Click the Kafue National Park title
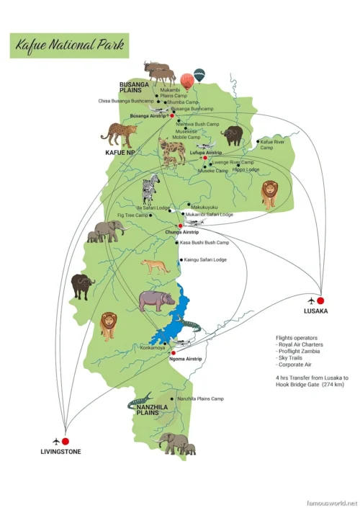point(70,45)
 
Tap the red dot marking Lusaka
point(320,300)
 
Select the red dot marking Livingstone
point(66,441)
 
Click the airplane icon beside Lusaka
point(310,300)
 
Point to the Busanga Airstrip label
point(148,115)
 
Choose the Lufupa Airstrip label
point(206,153)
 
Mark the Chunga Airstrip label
point(181,233)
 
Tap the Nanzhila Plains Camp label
point(199,398)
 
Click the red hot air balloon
point(186,80)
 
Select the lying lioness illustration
point(156,266)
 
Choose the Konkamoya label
point(153,348)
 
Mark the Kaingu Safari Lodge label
point(204,259)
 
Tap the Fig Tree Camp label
point(132,215)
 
